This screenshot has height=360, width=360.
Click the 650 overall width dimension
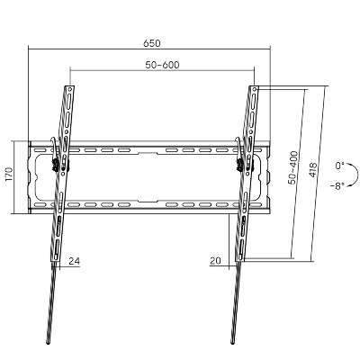click(152, 43)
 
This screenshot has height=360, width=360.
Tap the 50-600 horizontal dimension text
click(162, 65)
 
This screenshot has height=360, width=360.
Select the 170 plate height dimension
click(9, 175)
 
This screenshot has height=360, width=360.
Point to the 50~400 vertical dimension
click(293, 167)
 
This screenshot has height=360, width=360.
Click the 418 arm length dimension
click(312, 170)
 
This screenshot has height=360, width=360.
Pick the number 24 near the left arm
click(75, 261)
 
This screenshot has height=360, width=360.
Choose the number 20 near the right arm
click(215, 261)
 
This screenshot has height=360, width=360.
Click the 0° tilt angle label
click(340, 166)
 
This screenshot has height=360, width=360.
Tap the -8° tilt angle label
click(337, 186)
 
